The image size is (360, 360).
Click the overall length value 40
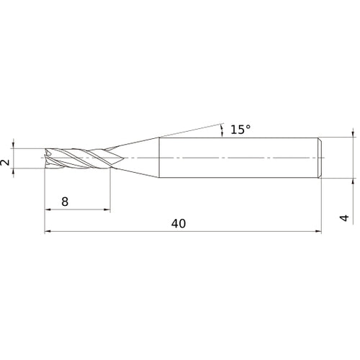click(x=179, y=224)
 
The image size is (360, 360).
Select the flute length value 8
click(x=65, y=202)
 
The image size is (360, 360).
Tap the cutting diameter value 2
click(x=6, y=163)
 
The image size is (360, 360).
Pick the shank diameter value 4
click(x=345, y=217)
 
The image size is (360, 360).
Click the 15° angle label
click(x=240, y=130)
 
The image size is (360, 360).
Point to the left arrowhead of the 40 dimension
click(x=49, y=232)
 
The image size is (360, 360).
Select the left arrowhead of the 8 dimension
click(x=49, y=210)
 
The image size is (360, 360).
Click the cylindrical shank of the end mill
click(x=238, y=157)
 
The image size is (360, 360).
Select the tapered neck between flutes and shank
click(x=137, y=157)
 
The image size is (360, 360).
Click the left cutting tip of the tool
click(x=47, y=158)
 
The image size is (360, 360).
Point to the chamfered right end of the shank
click(x=320, y=157)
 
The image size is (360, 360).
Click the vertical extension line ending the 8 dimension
click(x=110, y=191)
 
